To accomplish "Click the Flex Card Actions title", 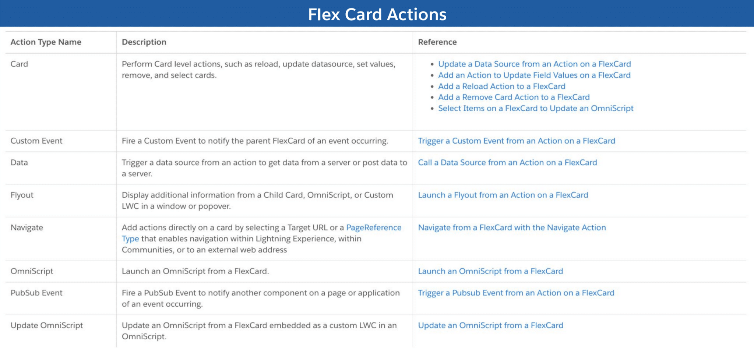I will click(x=377, y=15).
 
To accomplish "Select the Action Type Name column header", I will click(x=46, y=42).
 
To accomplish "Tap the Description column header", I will click(x=144, y=42).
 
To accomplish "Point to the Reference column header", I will click(x=437, y=42).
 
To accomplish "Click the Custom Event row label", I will click(x=36, y=141).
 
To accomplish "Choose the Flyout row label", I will click(x=22, y=195).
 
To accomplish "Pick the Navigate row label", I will click(x=27, y=227).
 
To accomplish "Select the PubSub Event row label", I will click(x=36, y=293).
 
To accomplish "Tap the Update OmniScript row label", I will click(x=47, y=325).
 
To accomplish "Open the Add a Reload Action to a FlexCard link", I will click(x=501, y=86).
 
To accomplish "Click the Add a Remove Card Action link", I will click(x=514, y=97).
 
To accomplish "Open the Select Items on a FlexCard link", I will click(x=536, y=108).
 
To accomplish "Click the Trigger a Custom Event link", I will click(x=517, y=141).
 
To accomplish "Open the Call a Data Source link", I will click(x=507, y=162).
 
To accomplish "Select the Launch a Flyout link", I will click(x=503, y=195).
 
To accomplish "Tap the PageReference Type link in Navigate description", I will click(x=373, y=227).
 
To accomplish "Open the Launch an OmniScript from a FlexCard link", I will click(x=490, y=271).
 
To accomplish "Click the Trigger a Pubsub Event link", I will click(x=516, y=293).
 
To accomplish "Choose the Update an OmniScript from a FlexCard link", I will click(x=490, y=325).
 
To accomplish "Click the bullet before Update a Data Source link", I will click(x=432, y=64).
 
